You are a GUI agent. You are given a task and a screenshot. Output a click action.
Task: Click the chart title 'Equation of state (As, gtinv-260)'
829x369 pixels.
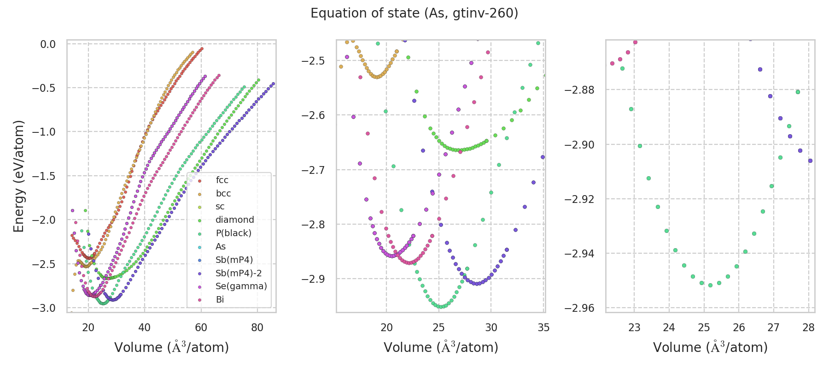pyautogui.click(x=414, y=13)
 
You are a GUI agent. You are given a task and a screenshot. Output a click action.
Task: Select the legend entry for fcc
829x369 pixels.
pyautogui.click(x=222, y=180)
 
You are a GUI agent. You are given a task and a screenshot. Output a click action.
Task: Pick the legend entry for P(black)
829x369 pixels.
pyautogui.click(x=234, y=233)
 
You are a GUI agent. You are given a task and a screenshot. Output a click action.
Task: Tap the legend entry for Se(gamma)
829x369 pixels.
pyautogui.click(x=241, y=286)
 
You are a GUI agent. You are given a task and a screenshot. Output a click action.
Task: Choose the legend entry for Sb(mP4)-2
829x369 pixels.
pyautogui.click(x=239, y=273)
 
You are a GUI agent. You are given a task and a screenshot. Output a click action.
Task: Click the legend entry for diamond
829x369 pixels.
pyautogui.click(x=235, y=220)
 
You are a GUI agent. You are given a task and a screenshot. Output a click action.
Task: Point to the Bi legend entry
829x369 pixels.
pyautogui.click(x=220, y=300)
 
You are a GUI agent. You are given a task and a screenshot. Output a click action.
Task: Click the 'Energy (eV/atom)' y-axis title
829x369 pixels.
pyautogui.click(x=18, y=176)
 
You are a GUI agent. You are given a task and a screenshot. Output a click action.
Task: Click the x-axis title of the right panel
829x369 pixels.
pyautogui.click(x=710, y=347)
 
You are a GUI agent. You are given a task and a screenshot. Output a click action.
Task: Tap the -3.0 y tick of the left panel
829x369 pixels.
pyautogui.click(x=44, y=308)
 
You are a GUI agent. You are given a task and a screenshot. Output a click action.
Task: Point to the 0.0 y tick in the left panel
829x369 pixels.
pyautogui.click(x=47, y=44)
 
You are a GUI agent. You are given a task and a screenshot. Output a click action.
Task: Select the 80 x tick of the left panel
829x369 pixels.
pyautogui.click(x=257, y=328)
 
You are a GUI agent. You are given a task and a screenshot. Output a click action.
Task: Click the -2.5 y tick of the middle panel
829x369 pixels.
pyautogui.click(x=313, y=61)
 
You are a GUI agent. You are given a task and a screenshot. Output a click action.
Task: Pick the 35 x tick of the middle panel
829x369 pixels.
pyautogui.click(x=543, y=328)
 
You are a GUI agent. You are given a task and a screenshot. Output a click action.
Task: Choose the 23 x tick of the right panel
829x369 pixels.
pyautogui.click(x=634, y=328)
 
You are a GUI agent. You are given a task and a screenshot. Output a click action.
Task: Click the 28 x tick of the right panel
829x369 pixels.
pyautogui.click(x=808, y=328)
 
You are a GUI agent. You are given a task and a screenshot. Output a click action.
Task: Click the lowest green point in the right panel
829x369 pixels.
pyautogui.click(x=710, y=285)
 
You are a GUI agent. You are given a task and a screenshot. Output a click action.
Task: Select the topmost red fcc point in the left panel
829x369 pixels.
pyautogui.click(x=201, y=48)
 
